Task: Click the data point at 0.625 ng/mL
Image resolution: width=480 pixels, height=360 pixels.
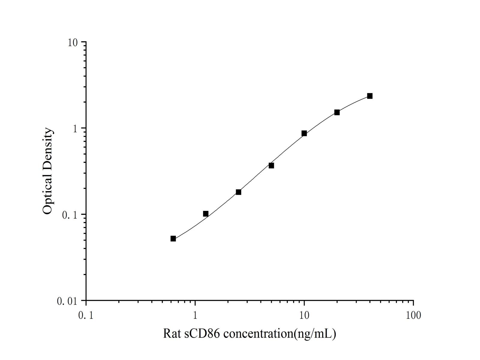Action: (173, 238)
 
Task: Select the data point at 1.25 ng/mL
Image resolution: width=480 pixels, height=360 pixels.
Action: (206, 214)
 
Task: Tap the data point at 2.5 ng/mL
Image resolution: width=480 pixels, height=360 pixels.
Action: (238, 192)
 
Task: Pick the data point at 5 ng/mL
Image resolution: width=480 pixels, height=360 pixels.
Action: (271, 165)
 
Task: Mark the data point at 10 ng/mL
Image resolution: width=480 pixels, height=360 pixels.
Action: (304, 133)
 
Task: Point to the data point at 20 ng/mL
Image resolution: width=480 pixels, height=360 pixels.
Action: (337, 112)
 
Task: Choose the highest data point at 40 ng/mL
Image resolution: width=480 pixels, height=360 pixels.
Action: (370, 96)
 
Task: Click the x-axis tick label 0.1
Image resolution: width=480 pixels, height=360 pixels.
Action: (86, 315)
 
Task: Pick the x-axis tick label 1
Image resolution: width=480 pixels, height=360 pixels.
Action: (195, 315)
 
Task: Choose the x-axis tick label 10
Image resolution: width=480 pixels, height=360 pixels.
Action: (304, 315)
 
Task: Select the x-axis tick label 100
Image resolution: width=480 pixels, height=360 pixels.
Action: (413, 315)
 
